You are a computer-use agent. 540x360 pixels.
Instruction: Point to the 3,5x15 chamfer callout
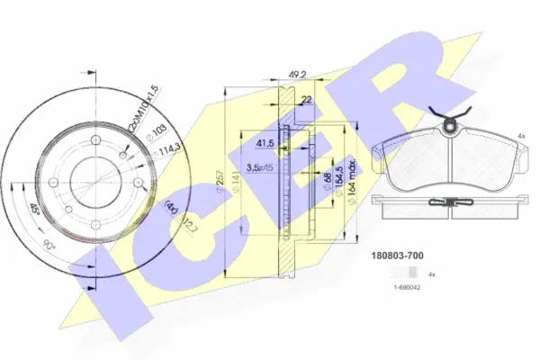point(261,168)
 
